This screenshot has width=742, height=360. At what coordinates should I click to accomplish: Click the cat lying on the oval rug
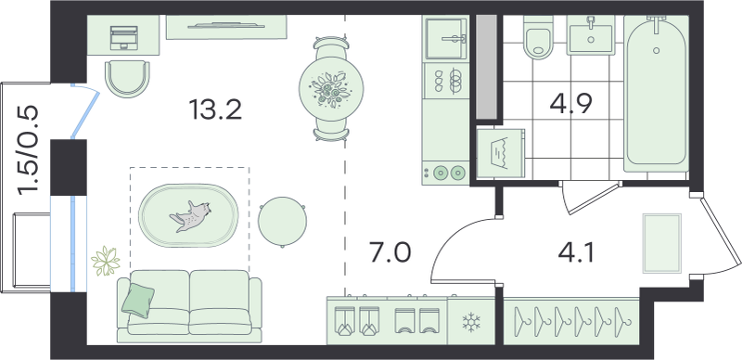coord(191,216)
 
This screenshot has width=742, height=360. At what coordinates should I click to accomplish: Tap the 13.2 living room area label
coord(215,110)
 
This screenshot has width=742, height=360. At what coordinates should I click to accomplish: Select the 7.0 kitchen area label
coord(390,252)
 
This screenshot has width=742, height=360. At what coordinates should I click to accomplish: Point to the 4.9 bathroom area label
coord(571,104)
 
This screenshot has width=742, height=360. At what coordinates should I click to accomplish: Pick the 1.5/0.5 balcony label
coord(27,150)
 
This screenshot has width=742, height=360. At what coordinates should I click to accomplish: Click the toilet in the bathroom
coord(539,37)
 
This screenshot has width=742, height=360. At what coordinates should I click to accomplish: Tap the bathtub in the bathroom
coord(656,94)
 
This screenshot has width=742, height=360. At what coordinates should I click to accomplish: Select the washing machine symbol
coord(501,154)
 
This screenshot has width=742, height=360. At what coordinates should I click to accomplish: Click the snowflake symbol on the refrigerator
coord(471,322)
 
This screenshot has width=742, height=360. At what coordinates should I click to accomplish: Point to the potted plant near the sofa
coord(105,261)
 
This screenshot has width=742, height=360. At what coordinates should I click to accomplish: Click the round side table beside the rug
coord(283,222)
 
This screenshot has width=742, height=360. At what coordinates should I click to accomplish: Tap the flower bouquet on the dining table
coord(331,88)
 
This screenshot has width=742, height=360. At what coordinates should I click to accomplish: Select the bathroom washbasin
coord(590,35)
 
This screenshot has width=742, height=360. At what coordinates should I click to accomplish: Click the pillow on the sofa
coord(137,301)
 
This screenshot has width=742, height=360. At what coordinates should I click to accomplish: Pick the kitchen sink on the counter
coord(446,38)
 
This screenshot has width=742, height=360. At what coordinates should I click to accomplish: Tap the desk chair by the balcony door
coord(127,78)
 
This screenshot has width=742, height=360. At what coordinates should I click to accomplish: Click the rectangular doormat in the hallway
coord(662,243)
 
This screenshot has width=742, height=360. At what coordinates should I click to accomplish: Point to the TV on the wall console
coord(226,25)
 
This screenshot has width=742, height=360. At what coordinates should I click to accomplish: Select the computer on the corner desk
coord(123,37)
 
